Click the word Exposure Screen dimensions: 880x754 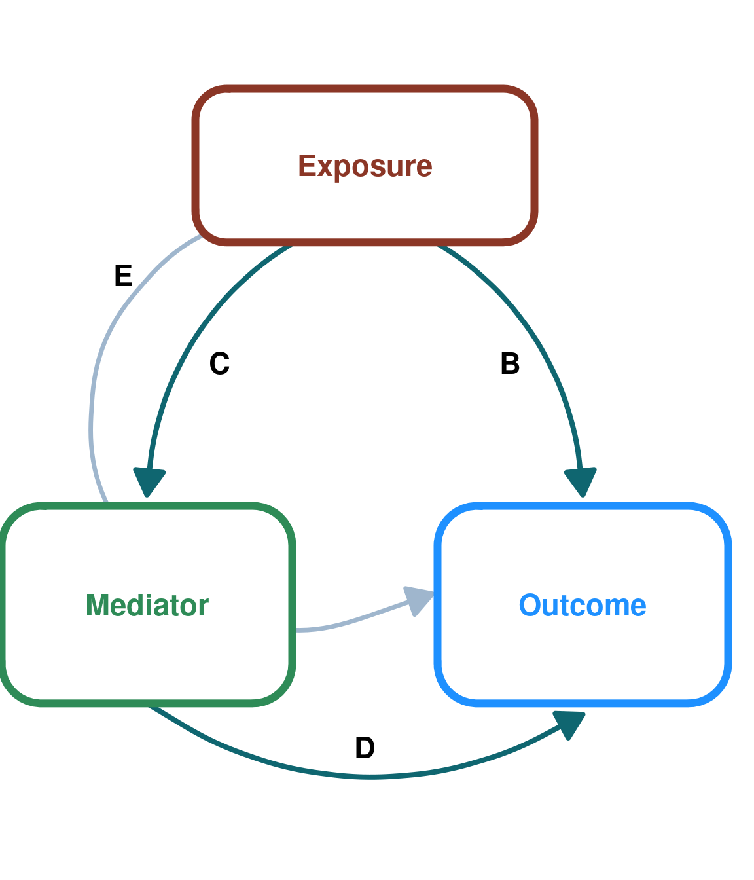pyautogui.click(x=365, y=166)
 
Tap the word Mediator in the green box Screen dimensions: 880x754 pyautogui.click(x=147, y=606)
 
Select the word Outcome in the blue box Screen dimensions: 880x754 pyautogui.click(x=583, y=606)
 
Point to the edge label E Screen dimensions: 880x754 pyautogui.click(x=123, y=276)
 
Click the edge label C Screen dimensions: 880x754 pyautogui.click(x=219, y=363)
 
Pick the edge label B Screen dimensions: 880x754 pyautogui.click(x=510, y=363)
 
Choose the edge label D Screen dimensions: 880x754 pyautogui.click(x=365, y=748)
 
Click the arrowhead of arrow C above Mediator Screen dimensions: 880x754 pyautogui.click(x=149, y=482)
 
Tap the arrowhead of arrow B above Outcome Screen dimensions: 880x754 pyautogui.click(x=581, y=482)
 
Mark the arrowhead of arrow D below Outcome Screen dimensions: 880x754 pyautogui.click(x=569, y=724)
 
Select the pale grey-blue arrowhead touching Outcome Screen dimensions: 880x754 pyautogui.click(x=418, y=600)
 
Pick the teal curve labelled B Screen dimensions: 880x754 pyautogui.click(x=547, y=354)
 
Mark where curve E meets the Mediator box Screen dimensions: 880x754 pyautogui.click(x=106, y=503)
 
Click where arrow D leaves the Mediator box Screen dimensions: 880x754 pyautogui.click(x=151, y=705)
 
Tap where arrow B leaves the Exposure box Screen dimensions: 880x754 pyautogui.click(x=438, y=245)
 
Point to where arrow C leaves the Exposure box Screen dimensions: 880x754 pyautogui.click(x=292, y=245)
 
